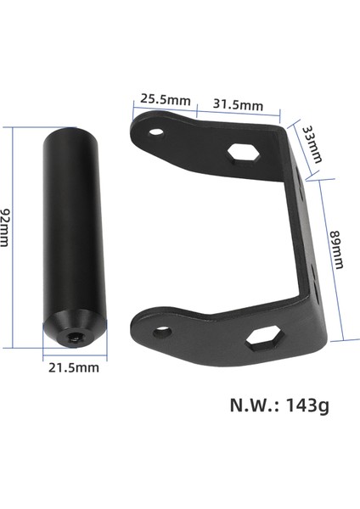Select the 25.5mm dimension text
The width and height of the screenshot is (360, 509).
[x=166, y=99]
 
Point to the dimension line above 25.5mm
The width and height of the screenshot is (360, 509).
[x=166, y=108]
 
